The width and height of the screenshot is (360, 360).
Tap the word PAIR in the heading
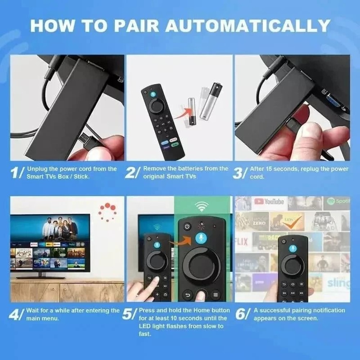136,26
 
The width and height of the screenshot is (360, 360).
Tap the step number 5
129,314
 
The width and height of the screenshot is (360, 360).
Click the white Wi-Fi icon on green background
202,206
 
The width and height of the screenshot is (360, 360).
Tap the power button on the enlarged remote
186,227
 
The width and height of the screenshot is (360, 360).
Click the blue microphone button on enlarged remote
202,239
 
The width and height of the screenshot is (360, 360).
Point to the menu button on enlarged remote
216,294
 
